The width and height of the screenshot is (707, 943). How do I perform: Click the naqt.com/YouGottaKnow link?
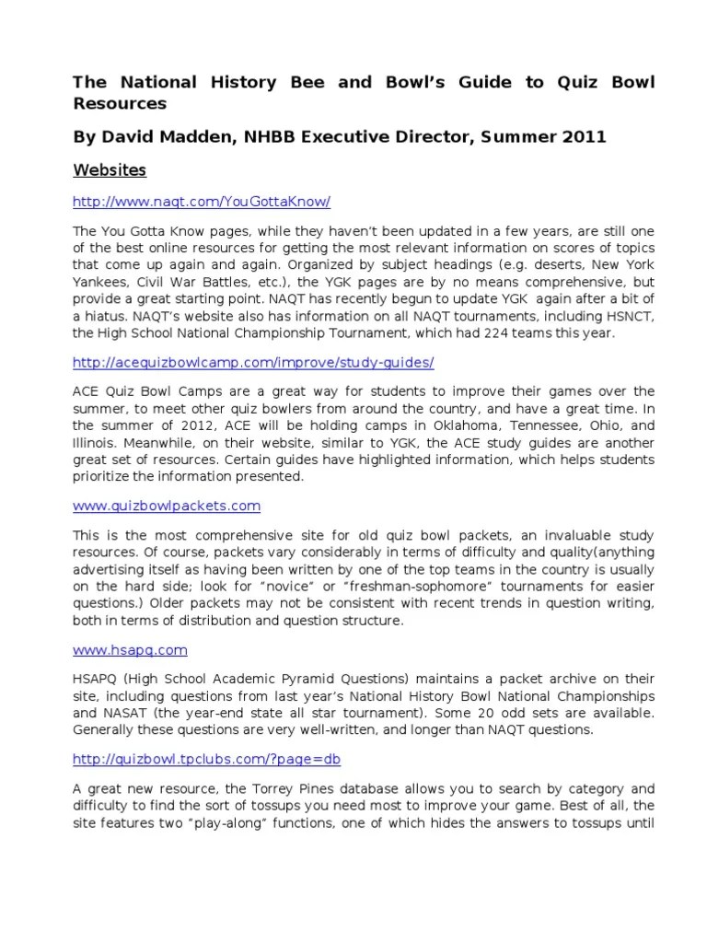[x=202, y=202]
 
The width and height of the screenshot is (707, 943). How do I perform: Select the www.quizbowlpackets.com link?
[x=167, y=506]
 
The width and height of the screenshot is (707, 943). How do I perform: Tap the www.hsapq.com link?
[x=130, y=649]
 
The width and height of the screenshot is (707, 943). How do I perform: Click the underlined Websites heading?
[x=110, y=170]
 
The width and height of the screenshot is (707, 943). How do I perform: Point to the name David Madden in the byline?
[x=156, y=137]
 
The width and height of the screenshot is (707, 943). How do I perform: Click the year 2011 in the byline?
[x=585, y=137]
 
